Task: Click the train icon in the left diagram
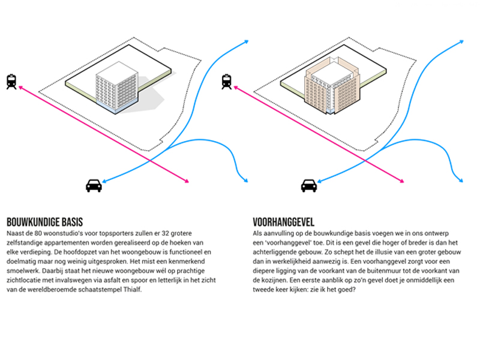tap(11, 82)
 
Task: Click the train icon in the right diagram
tap(227, 82)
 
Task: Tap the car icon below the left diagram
tap(94, 185)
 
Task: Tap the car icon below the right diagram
tap(309, 185)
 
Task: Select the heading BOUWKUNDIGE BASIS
tap(44, 222)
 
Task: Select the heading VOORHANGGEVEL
tap(283, 222)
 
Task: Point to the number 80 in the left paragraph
tap(38, 233)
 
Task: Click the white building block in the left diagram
tap(116, 87)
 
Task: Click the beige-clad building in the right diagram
tap(332, 86)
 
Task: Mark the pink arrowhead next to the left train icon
tap(21, 88)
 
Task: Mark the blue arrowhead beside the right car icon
tap(320, 181)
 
